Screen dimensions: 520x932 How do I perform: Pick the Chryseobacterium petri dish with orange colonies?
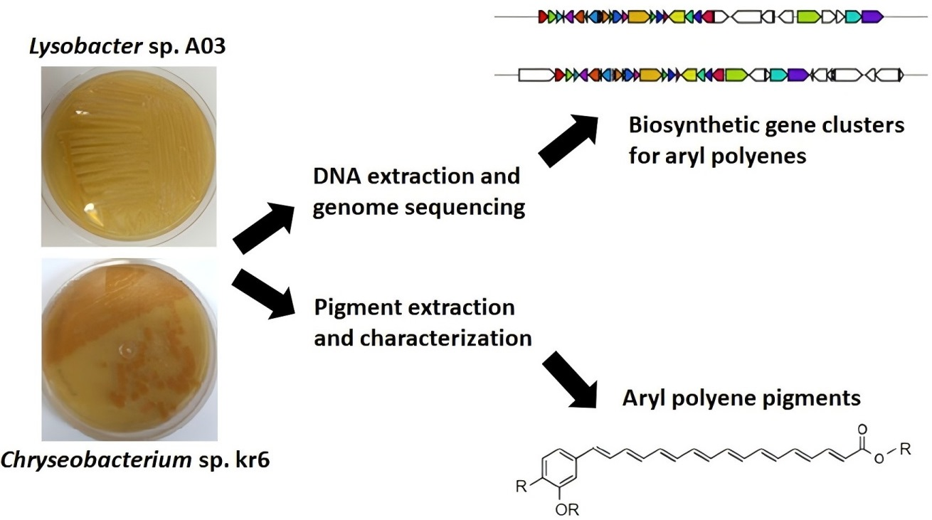click(x=128, y=349)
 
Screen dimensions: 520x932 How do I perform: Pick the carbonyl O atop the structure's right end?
click(x=863, y=430)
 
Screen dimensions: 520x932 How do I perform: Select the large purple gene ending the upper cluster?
click(x=872, y=16)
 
